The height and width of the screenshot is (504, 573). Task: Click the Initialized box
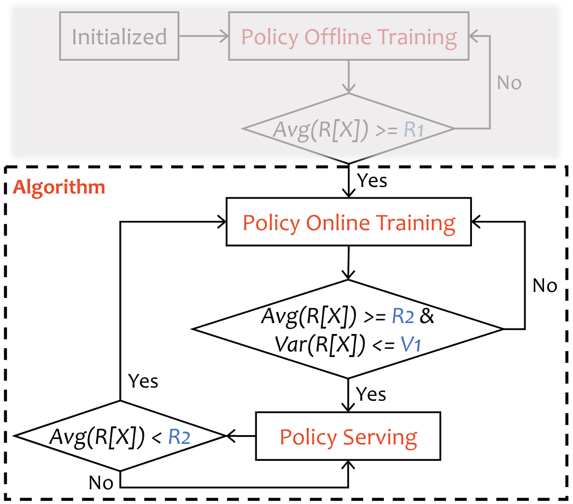[x=119, y=37]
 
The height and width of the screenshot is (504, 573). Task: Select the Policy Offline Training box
[x=349, y=37]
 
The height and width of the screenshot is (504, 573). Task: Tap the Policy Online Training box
[x=349, y=223]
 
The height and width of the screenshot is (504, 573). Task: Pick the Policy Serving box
[x=348, y=437]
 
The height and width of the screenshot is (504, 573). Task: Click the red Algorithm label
[x=59, y=187]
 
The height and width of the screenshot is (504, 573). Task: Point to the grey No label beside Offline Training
[x=509, y=83]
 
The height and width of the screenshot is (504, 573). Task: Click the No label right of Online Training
[x=545, y=285]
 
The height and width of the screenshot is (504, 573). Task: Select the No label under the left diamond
[x=101, y=482]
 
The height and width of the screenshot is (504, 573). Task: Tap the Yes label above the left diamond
[x=143, y=381]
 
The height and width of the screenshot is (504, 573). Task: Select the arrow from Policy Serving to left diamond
[x=241, y=436]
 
